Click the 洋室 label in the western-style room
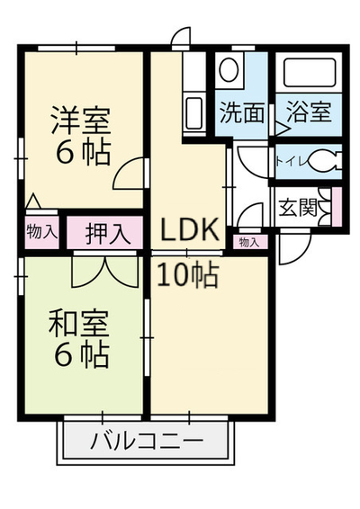(81, 120)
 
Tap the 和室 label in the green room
(78, 324)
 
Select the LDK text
(189, 229)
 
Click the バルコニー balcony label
(147, 442)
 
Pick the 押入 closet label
(109, 234)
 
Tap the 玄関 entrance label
(298, 207)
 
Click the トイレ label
(292, 161)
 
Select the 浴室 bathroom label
(309, 112)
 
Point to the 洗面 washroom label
(242, 112)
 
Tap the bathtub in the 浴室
(309, 73)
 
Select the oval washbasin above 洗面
(229, 69)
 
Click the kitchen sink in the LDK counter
(194, 113)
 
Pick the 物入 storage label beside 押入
(42, 231)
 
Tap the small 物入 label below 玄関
(249, 242)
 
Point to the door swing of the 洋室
(129, 174)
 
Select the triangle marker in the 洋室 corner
(33, 201)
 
